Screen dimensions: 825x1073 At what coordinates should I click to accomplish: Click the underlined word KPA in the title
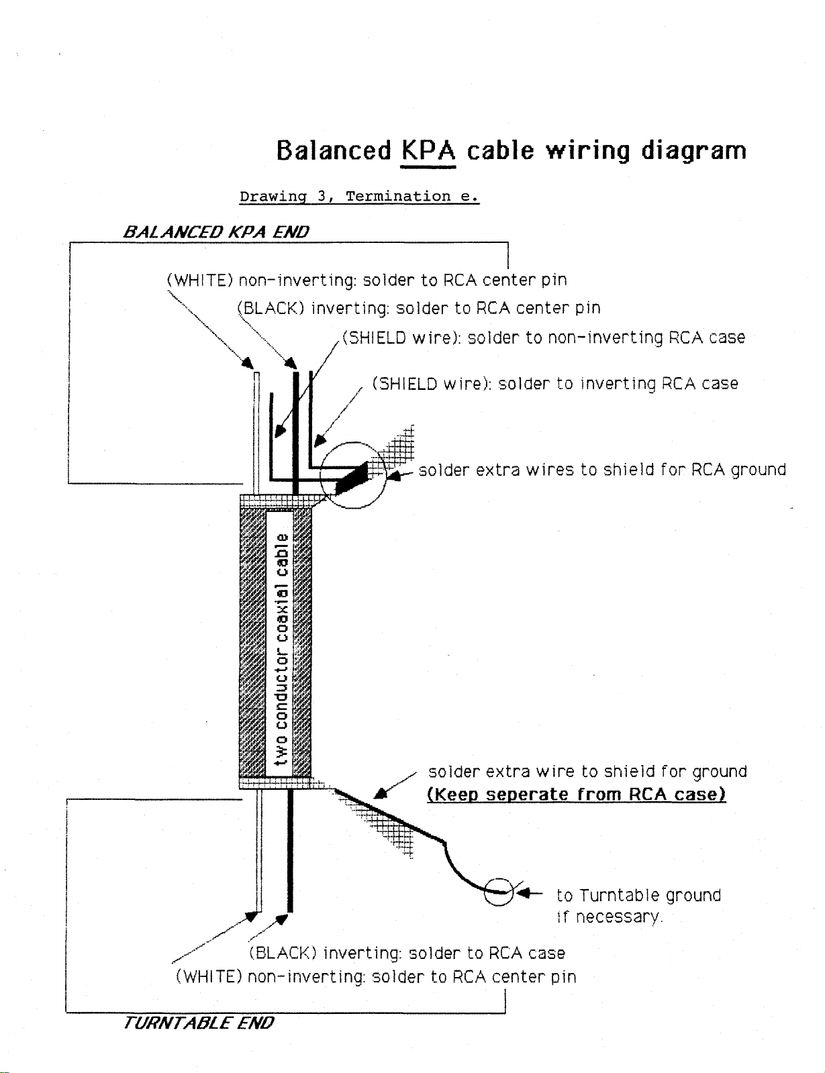click(428, 150)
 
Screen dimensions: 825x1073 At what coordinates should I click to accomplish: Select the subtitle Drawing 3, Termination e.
click(359, 197)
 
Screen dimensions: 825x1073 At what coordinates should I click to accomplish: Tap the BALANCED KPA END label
click(215, 232)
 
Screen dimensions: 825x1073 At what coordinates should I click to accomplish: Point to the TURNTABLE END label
click(198, 1022)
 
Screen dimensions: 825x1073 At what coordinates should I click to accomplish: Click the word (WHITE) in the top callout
click(200, 280)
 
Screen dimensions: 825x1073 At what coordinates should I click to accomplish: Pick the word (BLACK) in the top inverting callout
click(271, 308)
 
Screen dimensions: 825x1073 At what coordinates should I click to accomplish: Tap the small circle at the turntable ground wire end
click(499, 892)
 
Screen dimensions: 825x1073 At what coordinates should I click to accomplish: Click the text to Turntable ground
click(639, 895)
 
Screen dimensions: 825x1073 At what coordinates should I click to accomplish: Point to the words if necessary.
click(610, 917)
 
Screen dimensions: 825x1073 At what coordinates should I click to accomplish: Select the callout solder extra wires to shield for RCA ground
click(602, 470)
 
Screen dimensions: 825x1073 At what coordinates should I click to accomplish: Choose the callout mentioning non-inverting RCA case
click(544, 338)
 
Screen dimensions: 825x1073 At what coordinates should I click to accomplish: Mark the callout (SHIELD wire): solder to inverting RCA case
click(555, 384)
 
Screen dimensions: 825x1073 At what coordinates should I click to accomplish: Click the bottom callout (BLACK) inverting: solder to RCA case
click(407, 953)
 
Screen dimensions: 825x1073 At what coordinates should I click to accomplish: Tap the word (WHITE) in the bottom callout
click(209, 977)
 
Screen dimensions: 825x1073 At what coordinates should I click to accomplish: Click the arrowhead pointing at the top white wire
click(248, 363)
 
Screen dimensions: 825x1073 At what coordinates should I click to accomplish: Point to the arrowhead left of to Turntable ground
click(524, 892)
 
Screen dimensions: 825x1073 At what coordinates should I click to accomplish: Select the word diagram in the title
click(693, 151)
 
